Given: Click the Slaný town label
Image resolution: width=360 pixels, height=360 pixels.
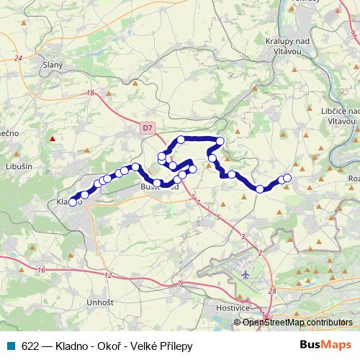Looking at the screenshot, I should click(53, 65).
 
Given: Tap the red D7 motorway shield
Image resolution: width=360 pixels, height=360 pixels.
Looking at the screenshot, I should click(147, 127).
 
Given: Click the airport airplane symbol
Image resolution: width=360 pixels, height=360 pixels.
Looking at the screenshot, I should click(246, 275).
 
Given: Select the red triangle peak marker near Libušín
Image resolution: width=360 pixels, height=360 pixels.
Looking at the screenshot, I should click(52, 138).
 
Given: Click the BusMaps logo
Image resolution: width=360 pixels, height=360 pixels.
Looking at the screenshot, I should click(327, 346).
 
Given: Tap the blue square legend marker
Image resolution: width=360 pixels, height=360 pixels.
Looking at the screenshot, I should click(11, 346).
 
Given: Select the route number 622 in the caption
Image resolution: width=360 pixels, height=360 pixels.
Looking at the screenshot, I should click(31, 346).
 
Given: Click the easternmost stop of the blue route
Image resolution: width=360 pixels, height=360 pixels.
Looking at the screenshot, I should click(288, 178).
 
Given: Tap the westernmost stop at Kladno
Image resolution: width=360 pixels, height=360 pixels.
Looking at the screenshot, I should click(72, 202).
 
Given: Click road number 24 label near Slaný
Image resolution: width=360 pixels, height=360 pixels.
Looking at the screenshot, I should click(18, 58).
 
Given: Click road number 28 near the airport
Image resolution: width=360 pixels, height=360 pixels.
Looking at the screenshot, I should click(271, 290).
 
